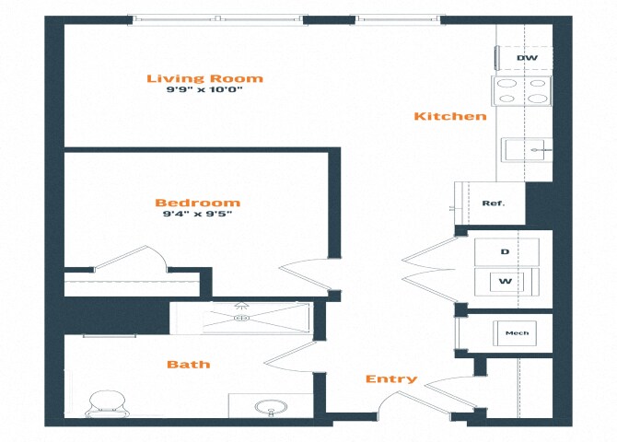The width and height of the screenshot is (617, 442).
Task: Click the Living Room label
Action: pos(204,78)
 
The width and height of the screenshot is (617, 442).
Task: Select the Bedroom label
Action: pos(197,203)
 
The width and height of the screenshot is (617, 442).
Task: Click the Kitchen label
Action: pos(449,116)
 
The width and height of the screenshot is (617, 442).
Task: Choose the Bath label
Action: pos(188,364)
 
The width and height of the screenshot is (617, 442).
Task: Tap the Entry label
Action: pos(390,378)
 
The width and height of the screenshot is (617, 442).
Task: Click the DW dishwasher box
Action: pos(525,59)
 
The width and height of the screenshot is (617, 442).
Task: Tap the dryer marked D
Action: pos(506,250)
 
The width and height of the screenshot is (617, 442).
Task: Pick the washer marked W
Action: pos(506,282)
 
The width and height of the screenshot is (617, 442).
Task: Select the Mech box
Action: pos(517,332)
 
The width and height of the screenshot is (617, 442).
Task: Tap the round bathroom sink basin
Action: pos(271,406)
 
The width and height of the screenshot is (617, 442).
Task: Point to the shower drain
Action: pos(242,318)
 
